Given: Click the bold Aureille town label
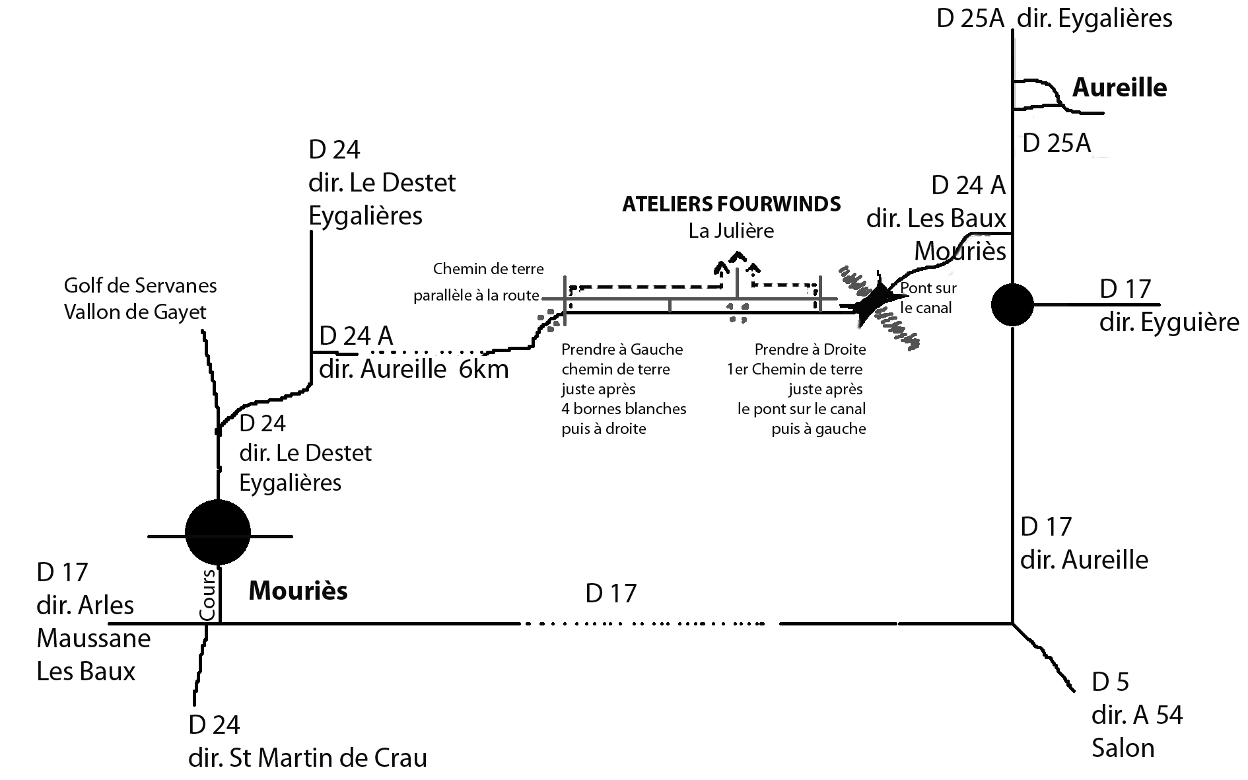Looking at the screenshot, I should click(x=1119, y=87).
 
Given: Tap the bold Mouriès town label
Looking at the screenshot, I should click(x=298, y=590).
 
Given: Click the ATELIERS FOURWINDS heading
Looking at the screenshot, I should click(x=732, y=204).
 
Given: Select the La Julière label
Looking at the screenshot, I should click(x=731, y=231).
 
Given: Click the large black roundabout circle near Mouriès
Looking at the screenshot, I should click(x=218, y=532).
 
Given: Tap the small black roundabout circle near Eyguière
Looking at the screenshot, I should click(x=1012, y=304).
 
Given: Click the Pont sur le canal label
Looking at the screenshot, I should click(x=928, y=297).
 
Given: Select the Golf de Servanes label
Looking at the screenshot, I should click(x=141, y=285).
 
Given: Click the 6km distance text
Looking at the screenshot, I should click(x=483, y=369).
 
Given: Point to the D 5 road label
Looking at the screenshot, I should click(x=1111, y=682).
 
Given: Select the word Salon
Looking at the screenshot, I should click(x=1123, y=748).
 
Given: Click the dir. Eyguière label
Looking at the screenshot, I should click(x=1169, y=322).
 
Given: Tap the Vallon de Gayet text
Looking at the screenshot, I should click(x=135, y=312).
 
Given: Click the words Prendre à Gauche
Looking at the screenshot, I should click(x=622, y=349).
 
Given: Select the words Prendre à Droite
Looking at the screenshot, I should click(x=810, y=349).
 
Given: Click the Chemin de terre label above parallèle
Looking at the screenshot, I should click(x=489, y=269).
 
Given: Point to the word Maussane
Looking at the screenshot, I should click(x=94, y=639).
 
